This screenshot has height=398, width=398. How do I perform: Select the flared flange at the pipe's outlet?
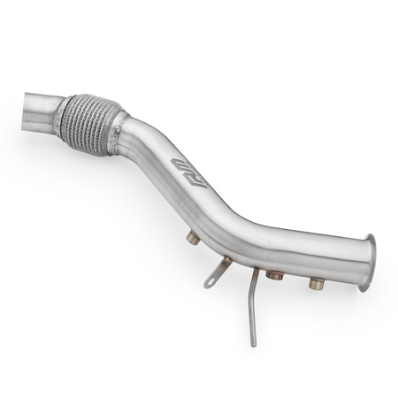[367, 261]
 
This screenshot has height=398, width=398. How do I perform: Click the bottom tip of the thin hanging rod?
[254, 343]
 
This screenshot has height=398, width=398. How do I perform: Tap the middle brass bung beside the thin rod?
[274, 275]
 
